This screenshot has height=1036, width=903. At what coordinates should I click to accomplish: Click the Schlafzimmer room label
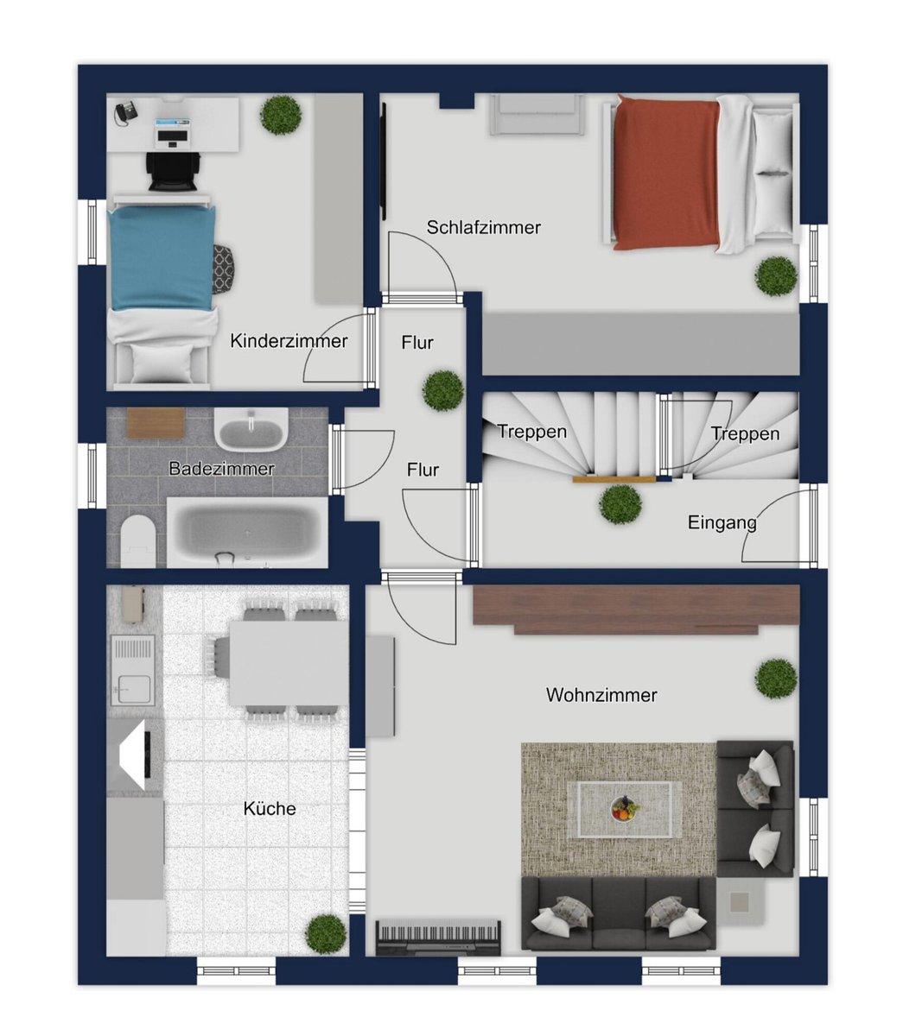(483, 227)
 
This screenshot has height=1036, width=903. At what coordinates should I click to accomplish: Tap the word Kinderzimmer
(289, 341)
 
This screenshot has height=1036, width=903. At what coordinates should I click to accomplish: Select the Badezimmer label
(221, 469)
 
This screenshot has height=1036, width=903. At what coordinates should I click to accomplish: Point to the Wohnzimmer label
(601, 695)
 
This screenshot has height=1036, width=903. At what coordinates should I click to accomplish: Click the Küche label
(270, 808)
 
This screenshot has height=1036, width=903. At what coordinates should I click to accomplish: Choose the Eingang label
(722, 523)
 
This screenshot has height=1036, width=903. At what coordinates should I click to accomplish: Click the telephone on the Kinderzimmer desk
(125, 112)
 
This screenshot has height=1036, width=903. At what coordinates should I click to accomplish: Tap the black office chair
(173, 171)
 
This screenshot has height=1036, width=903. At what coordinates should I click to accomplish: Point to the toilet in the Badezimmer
(138, 540)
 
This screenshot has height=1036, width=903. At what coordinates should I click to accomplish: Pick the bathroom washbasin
(251, 429)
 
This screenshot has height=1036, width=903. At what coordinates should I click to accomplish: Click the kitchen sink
(133, 670)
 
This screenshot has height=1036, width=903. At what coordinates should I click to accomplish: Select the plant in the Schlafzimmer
(775, 276)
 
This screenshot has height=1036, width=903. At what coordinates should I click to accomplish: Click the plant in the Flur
(443, 390)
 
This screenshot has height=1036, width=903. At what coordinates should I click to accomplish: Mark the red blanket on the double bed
(666, 172)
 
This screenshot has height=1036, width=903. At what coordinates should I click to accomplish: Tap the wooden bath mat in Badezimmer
(156, 423)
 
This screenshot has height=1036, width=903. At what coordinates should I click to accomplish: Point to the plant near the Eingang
(620, 505)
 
